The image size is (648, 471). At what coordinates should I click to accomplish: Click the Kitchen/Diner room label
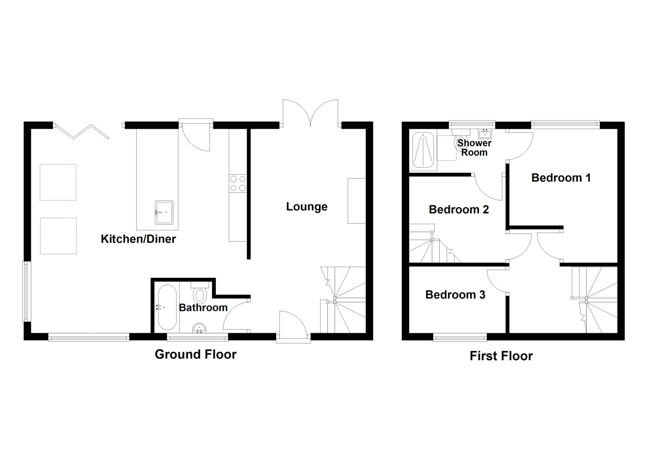pos(138,239)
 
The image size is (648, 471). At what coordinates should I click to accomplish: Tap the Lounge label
pos(307,207)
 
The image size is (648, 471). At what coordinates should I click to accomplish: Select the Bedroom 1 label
pos(561,178)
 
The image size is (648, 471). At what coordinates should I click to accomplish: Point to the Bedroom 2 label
pos(458,209)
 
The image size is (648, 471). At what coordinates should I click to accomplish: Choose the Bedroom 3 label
pos(455,294)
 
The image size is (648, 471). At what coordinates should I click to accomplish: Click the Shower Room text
pos(474,148)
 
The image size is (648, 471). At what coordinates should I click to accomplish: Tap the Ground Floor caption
pos(195,354)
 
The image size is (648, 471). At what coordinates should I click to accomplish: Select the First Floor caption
pos(501,356)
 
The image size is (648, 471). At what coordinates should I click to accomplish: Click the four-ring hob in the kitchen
pos(238,183)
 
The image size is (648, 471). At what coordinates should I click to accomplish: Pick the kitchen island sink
pos(164,213)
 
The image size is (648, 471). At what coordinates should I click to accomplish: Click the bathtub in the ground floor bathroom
pos(167,307)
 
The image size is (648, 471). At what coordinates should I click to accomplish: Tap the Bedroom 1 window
pos(565,124)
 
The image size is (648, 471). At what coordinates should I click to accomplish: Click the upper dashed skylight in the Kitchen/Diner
pos(58,182)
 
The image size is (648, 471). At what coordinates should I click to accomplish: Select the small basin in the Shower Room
pos(485,134)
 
